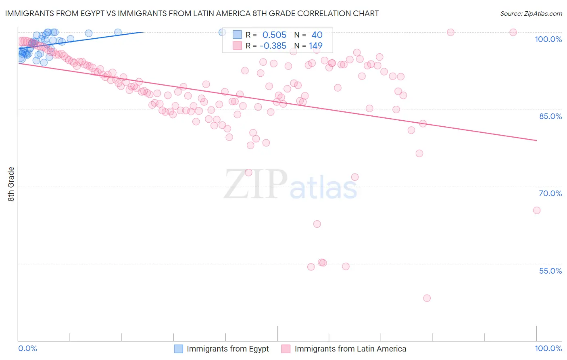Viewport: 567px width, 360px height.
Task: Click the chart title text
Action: pos(192,13)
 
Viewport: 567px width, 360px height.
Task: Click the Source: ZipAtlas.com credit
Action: pos(531,13)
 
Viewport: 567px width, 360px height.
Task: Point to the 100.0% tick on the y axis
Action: pos(548,39)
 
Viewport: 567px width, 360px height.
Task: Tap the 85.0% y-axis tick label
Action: pos(550,116)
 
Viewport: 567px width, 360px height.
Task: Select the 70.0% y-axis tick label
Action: pos(550,193)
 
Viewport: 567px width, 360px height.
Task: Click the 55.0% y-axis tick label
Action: pos(550,271)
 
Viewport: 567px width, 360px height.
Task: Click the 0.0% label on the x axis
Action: pos(28,348)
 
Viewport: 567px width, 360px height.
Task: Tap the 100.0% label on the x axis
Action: pos(548,348)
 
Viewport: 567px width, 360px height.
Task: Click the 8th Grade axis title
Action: pos(11,184)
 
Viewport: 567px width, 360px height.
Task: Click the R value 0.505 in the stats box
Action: pos(274,35)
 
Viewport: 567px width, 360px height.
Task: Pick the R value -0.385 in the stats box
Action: pos(273,46)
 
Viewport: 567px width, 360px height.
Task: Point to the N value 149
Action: pos(315,46)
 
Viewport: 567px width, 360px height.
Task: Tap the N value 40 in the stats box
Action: pos(317,35)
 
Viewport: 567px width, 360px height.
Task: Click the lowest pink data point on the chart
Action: pos(427,298)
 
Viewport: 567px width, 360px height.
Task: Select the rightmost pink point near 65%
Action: pos(536,210)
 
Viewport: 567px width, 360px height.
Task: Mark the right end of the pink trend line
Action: pos(536,140)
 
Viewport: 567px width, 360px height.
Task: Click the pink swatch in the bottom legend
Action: pos(286,349)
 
